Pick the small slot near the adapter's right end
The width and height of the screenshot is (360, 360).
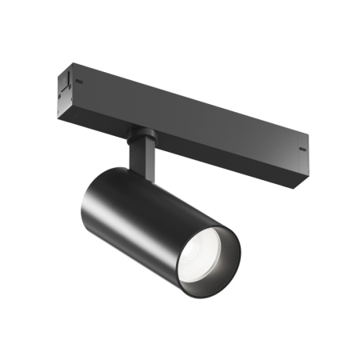click(x=302, y=148)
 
